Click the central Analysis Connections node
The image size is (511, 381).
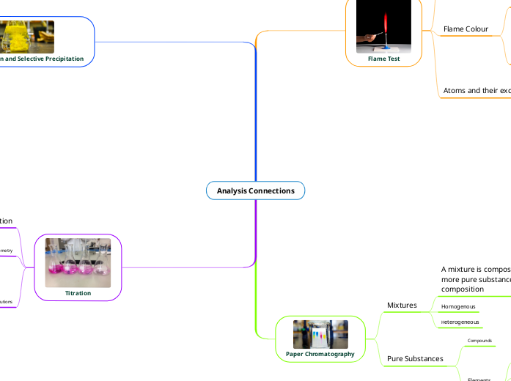[255, 190]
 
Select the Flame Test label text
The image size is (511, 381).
[383, 59]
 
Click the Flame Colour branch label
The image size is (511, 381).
[466, 29]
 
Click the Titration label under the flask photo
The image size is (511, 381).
[78, 293]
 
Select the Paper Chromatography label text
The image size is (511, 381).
[320, 353]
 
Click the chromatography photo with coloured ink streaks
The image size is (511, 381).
[320, 334]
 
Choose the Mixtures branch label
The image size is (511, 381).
[402, 305]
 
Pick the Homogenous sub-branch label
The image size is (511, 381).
[458, 306]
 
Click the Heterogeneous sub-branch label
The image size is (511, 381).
[460, 322]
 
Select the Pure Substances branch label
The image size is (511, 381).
[415, 359]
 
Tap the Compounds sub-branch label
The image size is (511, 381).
[479, 341]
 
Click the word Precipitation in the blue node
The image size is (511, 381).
[61, 58]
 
